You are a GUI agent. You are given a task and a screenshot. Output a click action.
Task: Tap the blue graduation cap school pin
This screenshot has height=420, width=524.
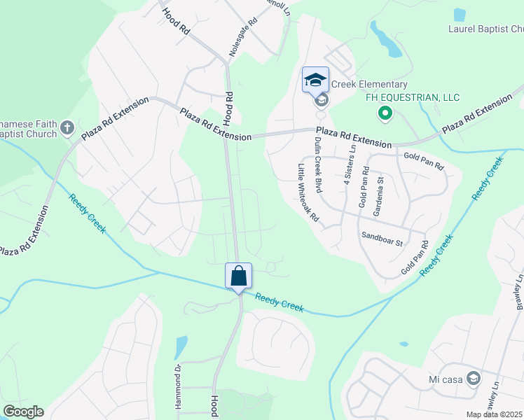click(x=315, y=79)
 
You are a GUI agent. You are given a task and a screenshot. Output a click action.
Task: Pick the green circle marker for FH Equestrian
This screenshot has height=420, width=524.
click(x=384, y=112)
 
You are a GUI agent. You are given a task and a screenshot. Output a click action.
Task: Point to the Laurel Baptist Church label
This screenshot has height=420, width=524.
click(x=485, y=29)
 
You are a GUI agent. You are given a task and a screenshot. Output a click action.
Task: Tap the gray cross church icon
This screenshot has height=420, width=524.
click(x=67, y=127)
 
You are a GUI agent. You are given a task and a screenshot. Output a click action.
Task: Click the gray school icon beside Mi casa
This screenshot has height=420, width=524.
click(x=473, y=379)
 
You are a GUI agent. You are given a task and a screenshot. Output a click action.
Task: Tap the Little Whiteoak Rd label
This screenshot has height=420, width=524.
click(x=308, y=193)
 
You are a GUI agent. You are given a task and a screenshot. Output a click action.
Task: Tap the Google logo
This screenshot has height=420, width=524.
click(x=23, y=412)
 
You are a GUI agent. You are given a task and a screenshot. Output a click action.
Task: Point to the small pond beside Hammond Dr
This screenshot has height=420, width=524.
click(x=181, y=346)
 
